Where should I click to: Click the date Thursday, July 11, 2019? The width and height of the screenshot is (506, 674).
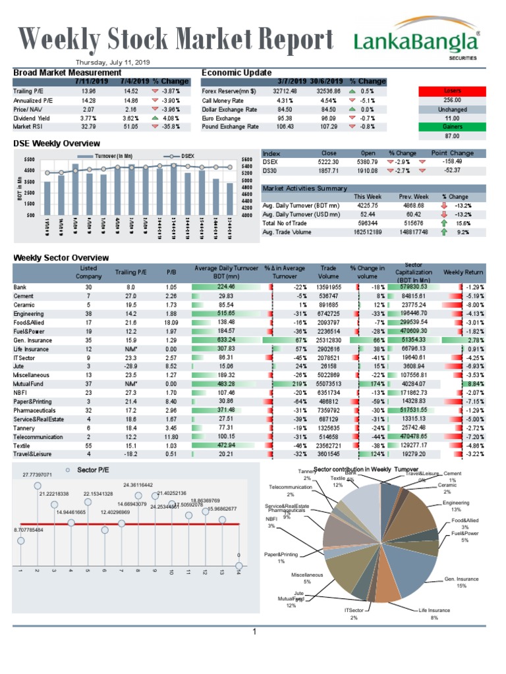click(113, 62)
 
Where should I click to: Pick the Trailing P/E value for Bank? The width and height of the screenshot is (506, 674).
click(130, 287)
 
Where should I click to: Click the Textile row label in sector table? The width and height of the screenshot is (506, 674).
click(23, 445)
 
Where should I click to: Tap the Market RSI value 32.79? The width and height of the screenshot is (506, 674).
click(88, 126)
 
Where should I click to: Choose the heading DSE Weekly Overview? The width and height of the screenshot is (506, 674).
click(57, 143)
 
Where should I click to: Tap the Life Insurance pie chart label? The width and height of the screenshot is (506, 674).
click(435, 614)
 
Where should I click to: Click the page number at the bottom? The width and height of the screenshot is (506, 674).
click(253, 633)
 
